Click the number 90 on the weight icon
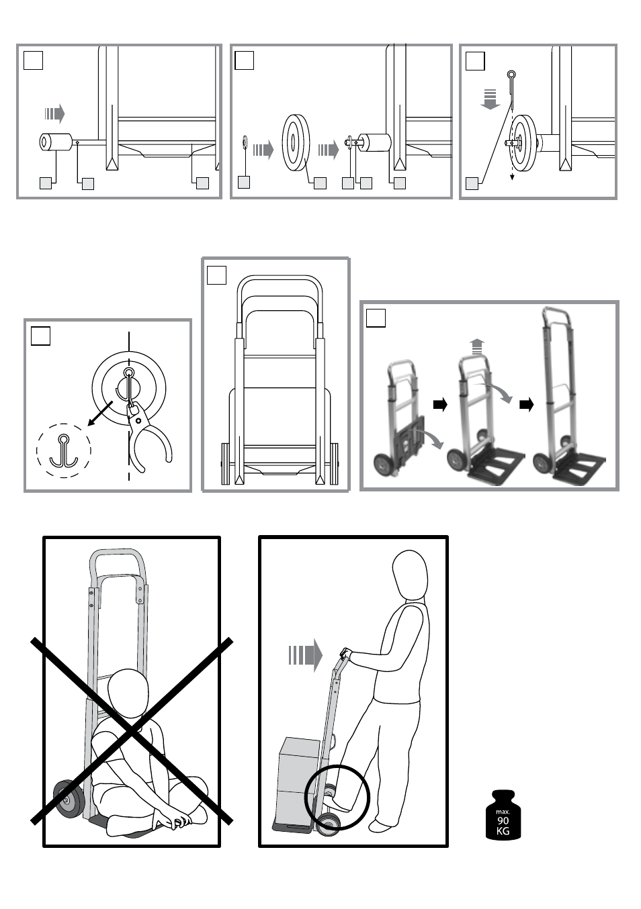point(503,820)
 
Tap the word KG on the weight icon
point(503,831)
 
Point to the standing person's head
point(410,575)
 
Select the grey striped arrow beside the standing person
point(306,655)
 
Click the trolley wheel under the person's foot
point(328,823)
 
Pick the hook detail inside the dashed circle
point(64,450)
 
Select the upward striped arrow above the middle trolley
point(478,347)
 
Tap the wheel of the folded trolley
point(384,465)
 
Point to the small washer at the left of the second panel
point(245,142)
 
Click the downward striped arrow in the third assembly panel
point(490,99)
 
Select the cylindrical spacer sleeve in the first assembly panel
point(55,142)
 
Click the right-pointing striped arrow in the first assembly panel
point(54,113)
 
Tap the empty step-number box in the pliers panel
point(40,336)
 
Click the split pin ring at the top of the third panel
point(511,75)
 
